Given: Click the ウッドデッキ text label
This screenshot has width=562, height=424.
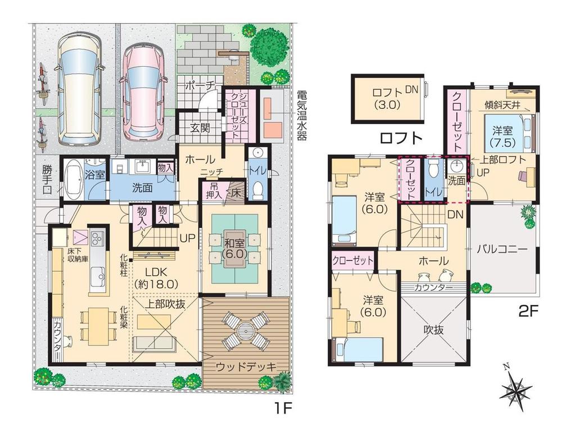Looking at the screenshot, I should click(x=246, y=367).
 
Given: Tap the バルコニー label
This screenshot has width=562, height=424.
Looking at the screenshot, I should click(x=502, y=248).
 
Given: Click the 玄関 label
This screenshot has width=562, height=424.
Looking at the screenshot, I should click(x=200, y=128).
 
